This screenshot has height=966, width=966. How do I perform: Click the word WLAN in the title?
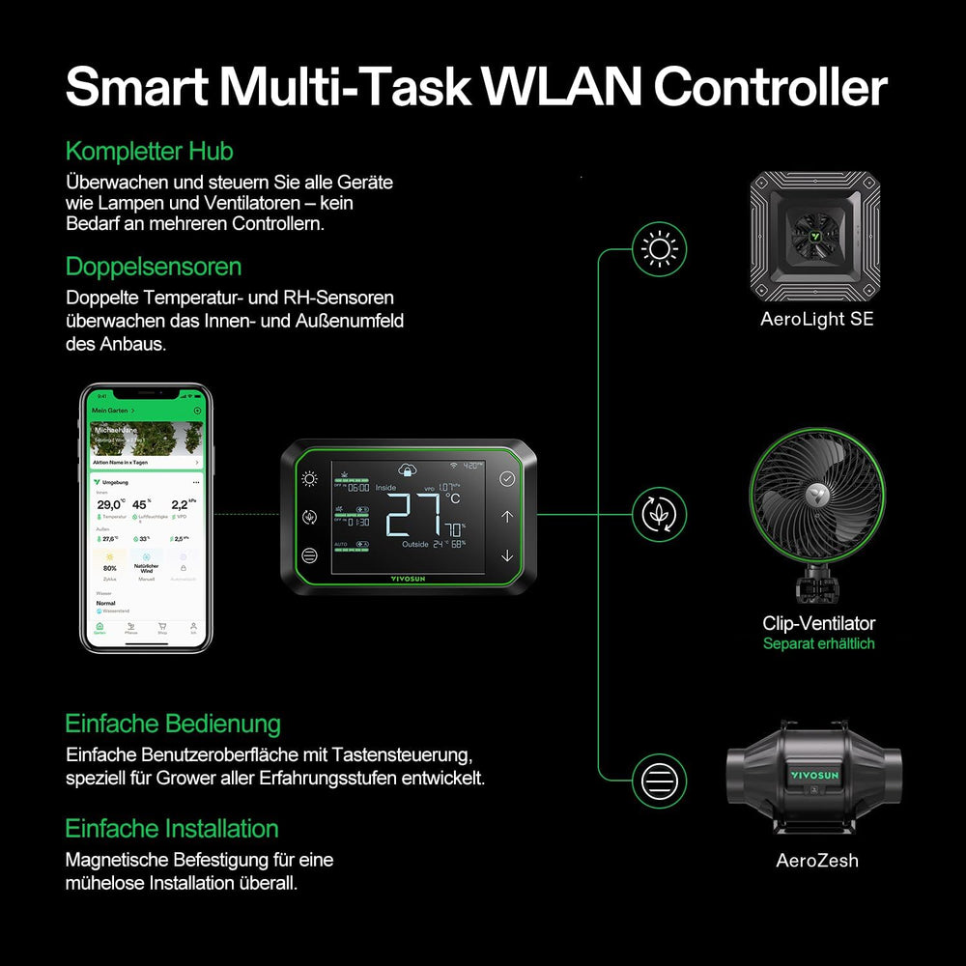point(559,87)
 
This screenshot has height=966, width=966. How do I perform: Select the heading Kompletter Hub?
point(149,152)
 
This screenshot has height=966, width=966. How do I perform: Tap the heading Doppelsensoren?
point(153,267)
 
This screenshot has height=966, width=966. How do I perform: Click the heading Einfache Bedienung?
point(172,724)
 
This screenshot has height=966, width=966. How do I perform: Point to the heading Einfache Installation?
point(171,829)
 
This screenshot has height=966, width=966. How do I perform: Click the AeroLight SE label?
point(816,319)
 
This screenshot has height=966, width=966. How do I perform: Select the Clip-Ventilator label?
point(818,623)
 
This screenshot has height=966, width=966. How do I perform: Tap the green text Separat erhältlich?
point(818,643)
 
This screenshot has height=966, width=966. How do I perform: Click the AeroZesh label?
point(816,860)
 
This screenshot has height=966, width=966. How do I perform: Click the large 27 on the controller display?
point(413,514)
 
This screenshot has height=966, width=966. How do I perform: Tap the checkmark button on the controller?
point(507,478)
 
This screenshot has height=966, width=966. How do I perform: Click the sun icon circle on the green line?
point(660,249)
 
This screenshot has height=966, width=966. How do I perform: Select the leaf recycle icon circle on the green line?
point(660,514)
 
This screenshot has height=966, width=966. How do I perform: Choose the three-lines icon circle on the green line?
point(660,779)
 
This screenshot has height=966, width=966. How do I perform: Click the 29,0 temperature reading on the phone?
point(109,504)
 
